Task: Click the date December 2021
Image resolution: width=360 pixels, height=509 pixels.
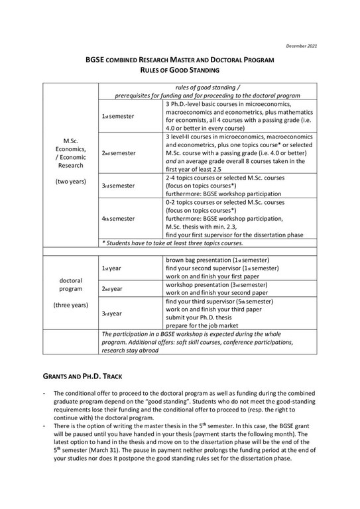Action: tap(302, 45)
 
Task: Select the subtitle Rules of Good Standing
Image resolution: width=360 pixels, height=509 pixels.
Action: tap(179, 69)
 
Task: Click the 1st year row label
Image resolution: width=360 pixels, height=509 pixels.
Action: tap(111, 268)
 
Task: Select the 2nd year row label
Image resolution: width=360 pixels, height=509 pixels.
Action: tap(111, 289)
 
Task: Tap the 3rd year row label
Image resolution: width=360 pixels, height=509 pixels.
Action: tap(111, 313)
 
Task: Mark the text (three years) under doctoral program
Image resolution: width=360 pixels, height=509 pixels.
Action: tap(70, 305)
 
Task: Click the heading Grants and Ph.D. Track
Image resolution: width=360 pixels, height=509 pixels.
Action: tap(82, 376)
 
